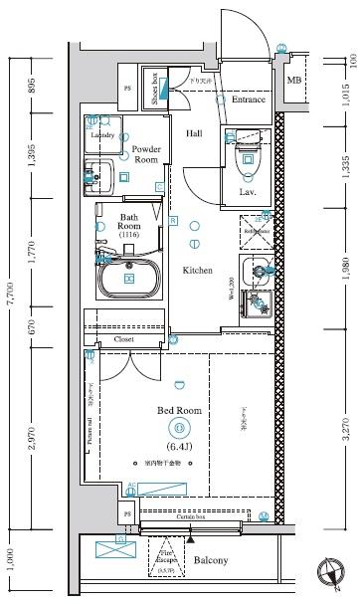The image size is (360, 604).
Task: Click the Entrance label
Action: [x=247, y=101]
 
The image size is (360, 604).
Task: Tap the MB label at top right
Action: [x=294, y=81]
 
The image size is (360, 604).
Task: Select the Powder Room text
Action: [x=146, y=154]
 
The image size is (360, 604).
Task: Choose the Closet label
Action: [x=124, y=339]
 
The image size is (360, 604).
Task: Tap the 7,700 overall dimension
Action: [x=11, y=299]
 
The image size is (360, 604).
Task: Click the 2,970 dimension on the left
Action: [x=33, y=437]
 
